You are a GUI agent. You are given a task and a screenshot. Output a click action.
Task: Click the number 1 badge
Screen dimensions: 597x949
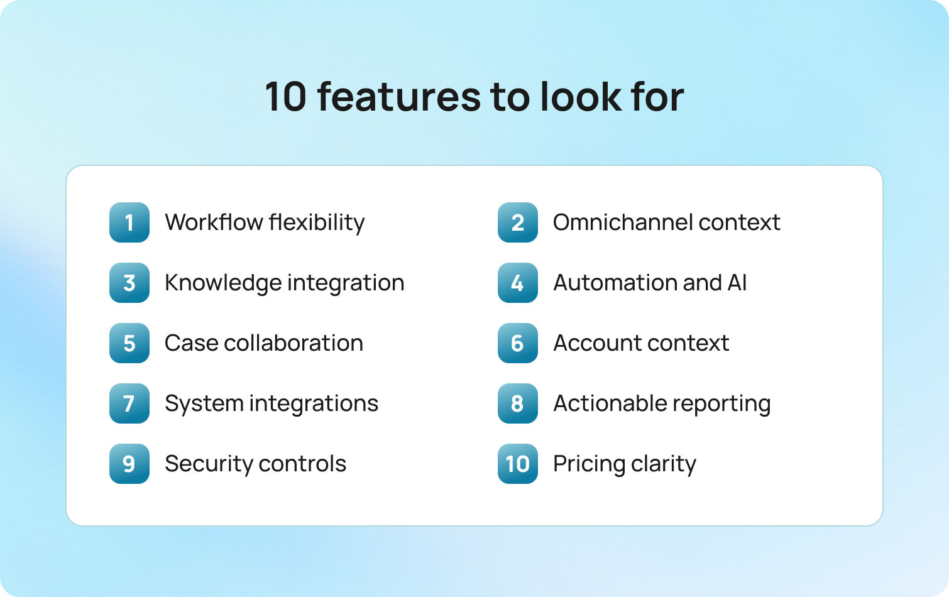tap(129, 222)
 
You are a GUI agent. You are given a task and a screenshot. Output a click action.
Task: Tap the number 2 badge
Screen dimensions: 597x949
tap(518, 222)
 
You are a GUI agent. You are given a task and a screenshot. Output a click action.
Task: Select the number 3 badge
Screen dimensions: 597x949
tap(129, 283)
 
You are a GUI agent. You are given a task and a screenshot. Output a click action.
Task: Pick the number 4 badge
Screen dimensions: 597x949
tap(518, 283)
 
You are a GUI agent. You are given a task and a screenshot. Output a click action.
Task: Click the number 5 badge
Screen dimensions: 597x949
tap(129, 343)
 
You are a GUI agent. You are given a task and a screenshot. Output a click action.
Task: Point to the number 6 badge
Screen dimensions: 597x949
tap(518, 343)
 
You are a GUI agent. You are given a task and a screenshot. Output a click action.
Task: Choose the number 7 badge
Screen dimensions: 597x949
tap(129, 403)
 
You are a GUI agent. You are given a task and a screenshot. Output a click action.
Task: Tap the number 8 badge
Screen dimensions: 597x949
tap(518, 403)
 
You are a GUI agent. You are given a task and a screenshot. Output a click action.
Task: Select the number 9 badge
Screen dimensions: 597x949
tap(129, 464)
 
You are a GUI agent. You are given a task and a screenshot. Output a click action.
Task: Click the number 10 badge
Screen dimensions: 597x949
tap(518, 464)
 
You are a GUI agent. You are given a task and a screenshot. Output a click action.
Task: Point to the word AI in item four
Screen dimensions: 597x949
tap(737, 283)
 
